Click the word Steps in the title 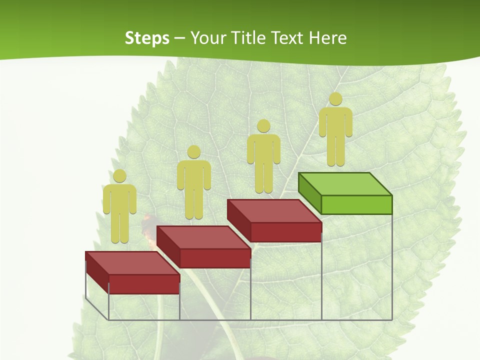pyautogui.click(x=147, y=38)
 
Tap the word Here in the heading pyautogui.click(x=327, y=38)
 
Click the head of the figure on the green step pyautogui.click(x=335, y=99)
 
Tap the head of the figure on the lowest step pyautogui.click(x=119, y=176)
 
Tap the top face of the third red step pyautogui.click(x=274, y=210)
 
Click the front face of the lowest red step pyautogui.click(x=144, y=284)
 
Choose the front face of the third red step pyautogui.click(x=285, y=232)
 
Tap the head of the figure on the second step pyautogui.click(x=193, y=152)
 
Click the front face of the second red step pyautogui.click(x=215, y=258)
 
